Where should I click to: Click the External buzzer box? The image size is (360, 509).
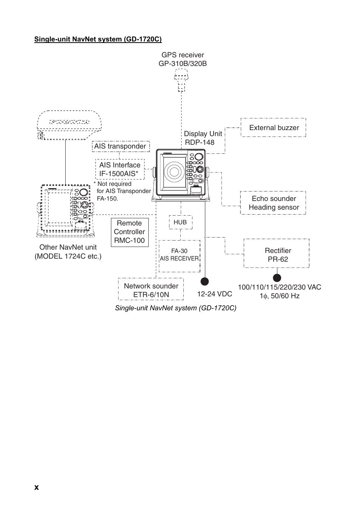coord(273,127)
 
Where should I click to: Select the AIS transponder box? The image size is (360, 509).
coord(120,146)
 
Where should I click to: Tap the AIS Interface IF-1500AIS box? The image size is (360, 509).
coord(120,169)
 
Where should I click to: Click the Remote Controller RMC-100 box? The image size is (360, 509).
coord(129,232)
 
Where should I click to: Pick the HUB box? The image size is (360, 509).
coord(180,222)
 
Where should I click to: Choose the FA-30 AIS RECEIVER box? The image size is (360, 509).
coord(179,256)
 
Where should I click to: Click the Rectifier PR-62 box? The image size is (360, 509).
coord(277,253)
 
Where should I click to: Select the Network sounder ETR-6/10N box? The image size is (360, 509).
coord(151,289)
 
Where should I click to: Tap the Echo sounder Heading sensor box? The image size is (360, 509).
coord(273,203)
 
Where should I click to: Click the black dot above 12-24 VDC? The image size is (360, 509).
coord(205,281)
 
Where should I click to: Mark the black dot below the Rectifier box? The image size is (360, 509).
coord(277,278)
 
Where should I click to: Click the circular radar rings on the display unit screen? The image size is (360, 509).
coord(174,172)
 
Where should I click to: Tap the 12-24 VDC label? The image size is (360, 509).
coord(214,294)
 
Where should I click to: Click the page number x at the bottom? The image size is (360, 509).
coord(36,487)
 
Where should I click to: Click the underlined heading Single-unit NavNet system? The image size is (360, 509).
coord(98,39)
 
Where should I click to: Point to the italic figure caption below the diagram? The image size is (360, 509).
coord(175,308)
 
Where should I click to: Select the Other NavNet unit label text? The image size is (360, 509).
coord(68,252)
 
